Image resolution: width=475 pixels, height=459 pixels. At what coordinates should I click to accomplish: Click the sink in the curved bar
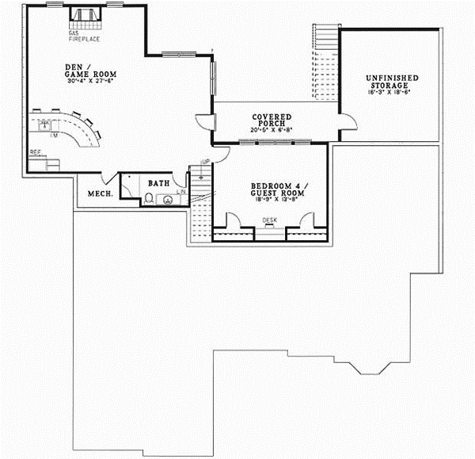[46, 124]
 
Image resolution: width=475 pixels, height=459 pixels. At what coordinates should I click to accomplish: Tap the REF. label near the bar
[35, 151]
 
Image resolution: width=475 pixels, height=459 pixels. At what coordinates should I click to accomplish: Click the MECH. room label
[98, 193]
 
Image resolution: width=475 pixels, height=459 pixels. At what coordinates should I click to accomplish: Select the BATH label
[159, 183]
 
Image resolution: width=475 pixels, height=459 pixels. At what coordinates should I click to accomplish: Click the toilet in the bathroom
[150, 198]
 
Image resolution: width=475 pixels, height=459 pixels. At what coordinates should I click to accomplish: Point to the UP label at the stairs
[204, 163]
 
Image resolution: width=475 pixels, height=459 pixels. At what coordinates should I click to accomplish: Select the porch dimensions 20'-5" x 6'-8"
[272, 129]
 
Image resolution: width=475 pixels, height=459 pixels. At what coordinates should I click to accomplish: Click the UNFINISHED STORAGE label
[392, 81]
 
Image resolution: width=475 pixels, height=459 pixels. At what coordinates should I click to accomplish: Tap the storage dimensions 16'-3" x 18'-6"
[392, 93]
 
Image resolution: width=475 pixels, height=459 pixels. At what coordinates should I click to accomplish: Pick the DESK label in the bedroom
[270, 220]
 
